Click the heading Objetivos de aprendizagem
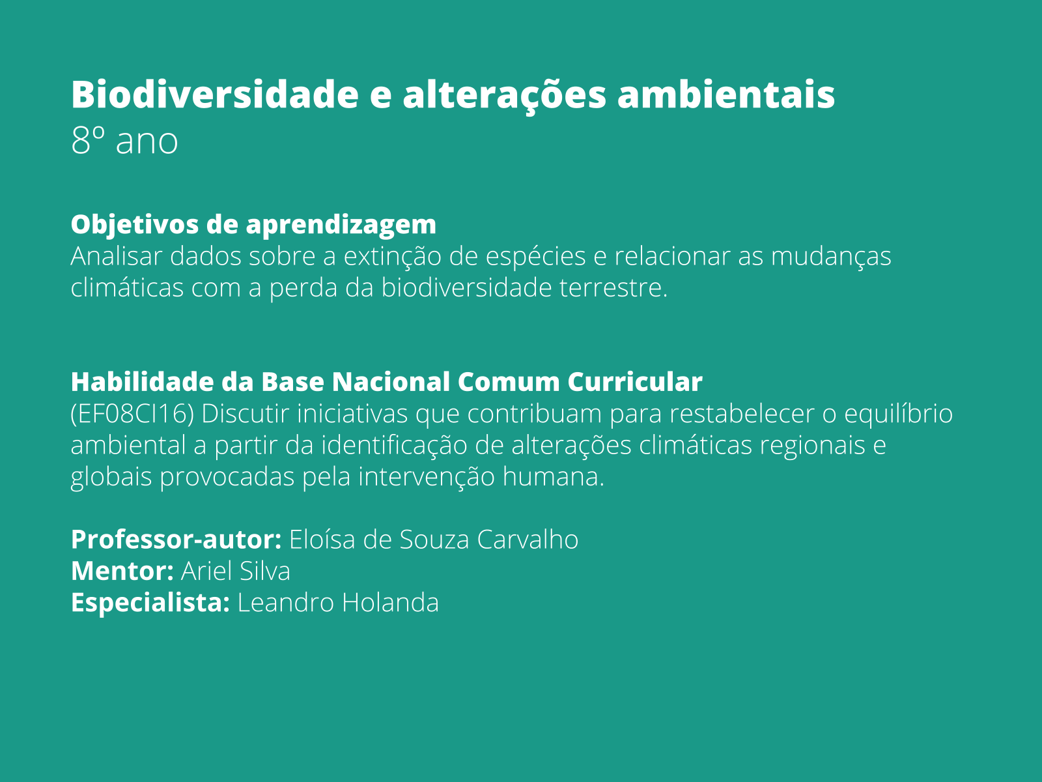pyautogui.click(x=253, y=224)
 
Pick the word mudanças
pyautogui.click(x=830, y=256)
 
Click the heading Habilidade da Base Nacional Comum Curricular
pyautogui.click(x=386, y=382)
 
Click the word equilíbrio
pyautogui.click(x=898, y=414)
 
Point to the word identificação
pyautogui.click(x=395, y=446)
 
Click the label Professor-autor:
pyautogui.click(x=176, y=540)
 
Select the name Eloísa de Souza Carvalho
pyautogui.click(x=434, y=540)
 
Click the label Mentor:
pyautogui.click(x=122, y=571)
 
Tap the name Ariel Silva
pyautogui.click(x=235, y=571)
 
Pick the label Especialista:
pyautogui.click(x=150, y=603)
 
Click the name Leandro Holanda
pyautogui.click(x=338, y=603)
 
